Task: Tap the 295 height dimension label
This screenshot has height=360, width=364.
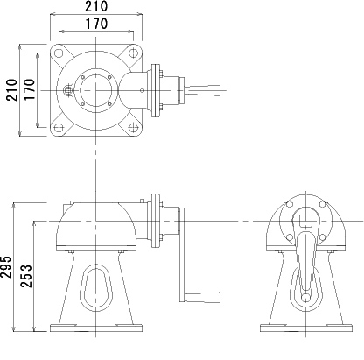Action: pos(7,266)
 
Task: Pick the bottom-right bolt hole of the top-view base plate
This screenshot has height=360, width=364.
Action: pos(130,126)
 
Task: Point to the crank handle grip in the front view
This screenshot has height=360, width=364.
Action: pos(204,297)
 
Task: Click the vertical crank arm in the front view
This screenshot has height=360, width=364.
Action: pos(182,254)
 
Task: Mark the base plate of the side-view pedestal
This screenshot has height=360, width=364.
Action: pos(305,329)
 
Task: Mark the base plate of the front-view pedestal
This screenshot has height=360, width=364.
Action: pos(95,329)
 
